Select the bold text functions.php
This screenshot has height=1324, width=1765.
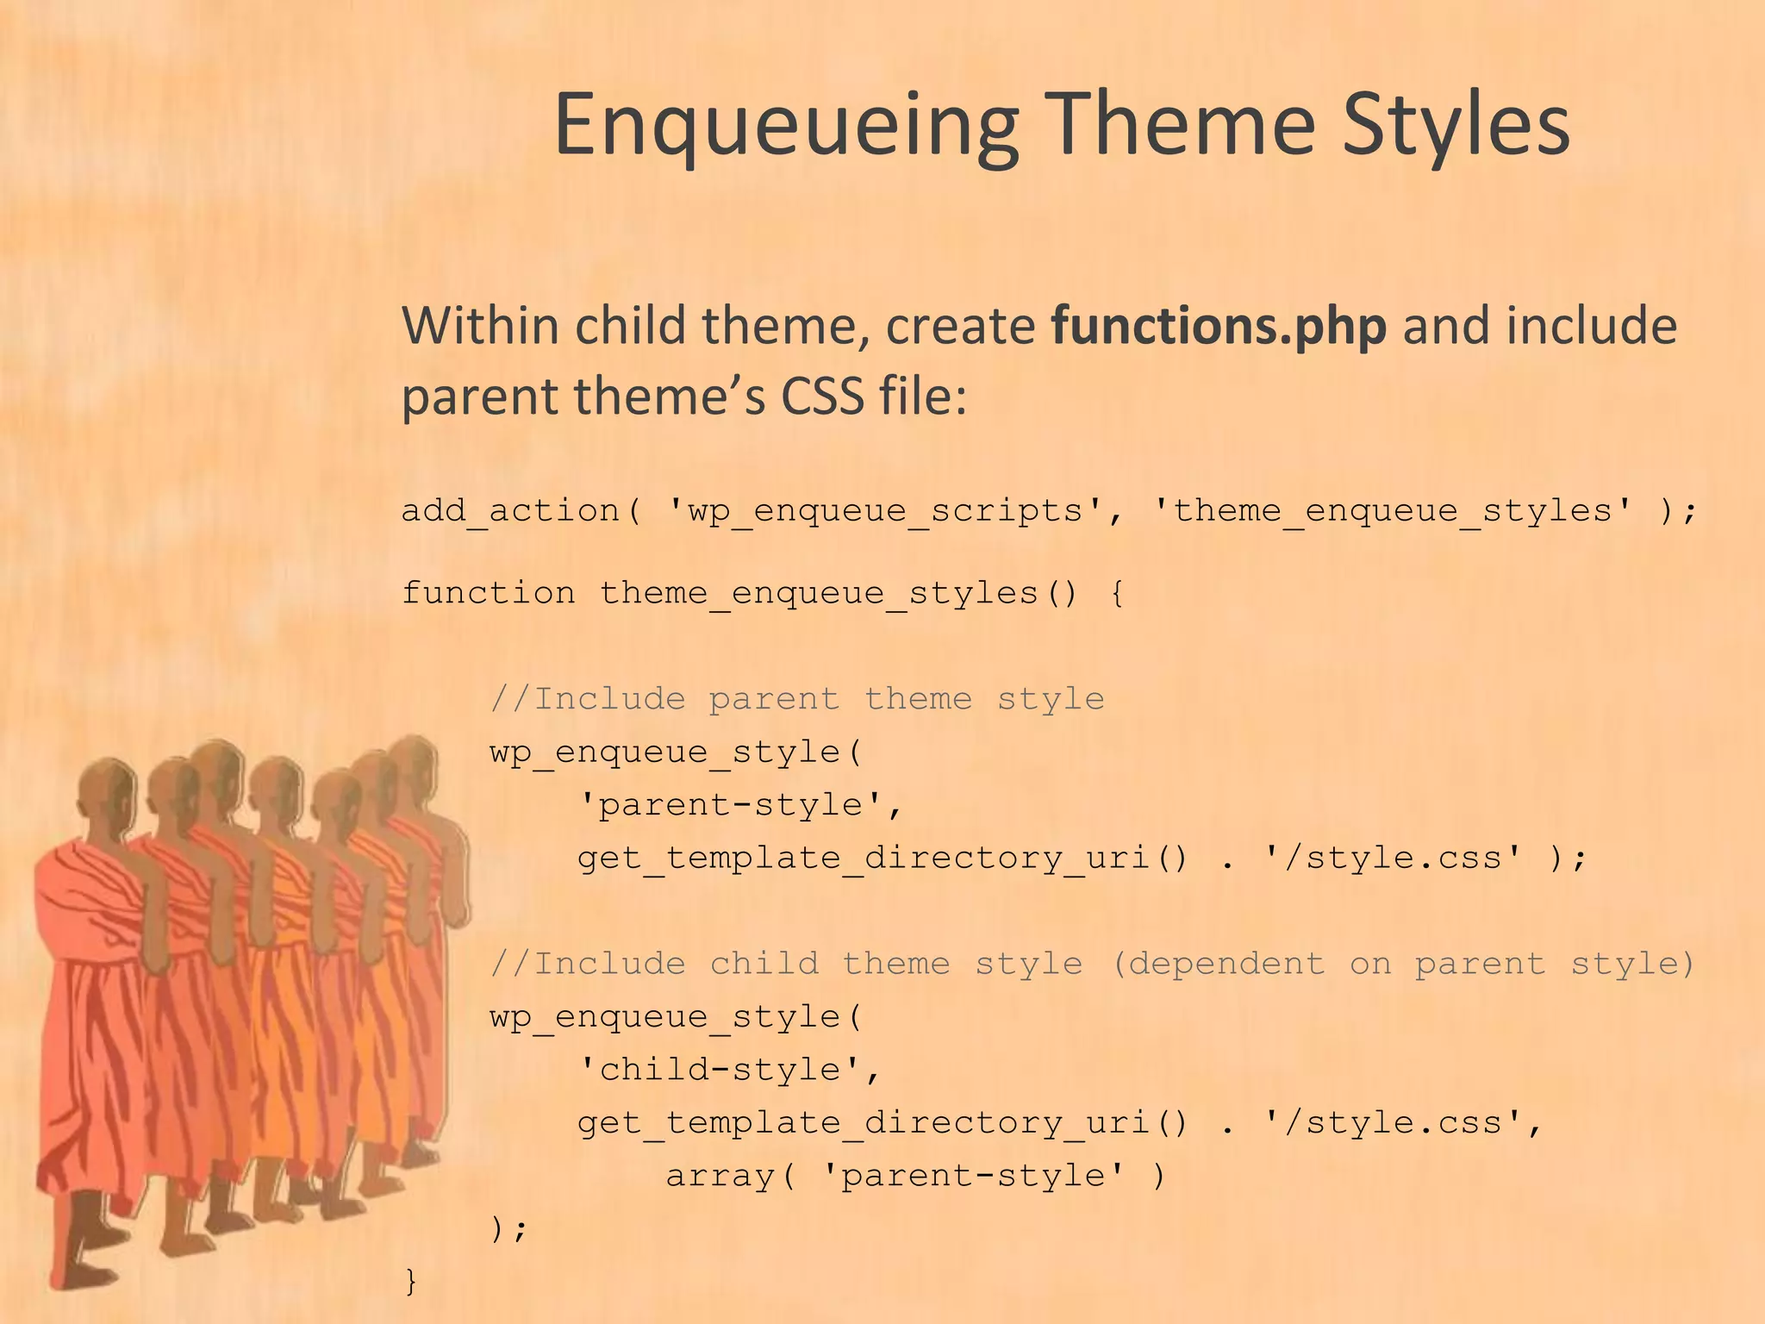click(x=1219, y=326)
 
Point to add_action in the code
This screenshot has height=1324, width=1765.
click(x=510, y=510)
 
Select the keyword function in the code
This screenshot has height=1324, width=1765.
click(x=489, y=593)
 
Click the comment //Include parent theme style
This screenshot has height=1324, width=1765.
click(x=797, y=698)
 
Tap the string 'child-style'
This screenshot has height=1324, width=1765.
click(x=719, y=1070)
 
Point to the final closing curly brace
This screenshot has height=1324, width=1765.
click(x=411, y=1280)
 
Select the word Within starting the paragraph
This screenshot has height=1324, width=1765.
click(x=480, y=326)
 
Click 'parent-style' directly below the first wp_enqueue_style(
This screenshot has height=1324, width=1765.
click(x=730, y=805)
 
